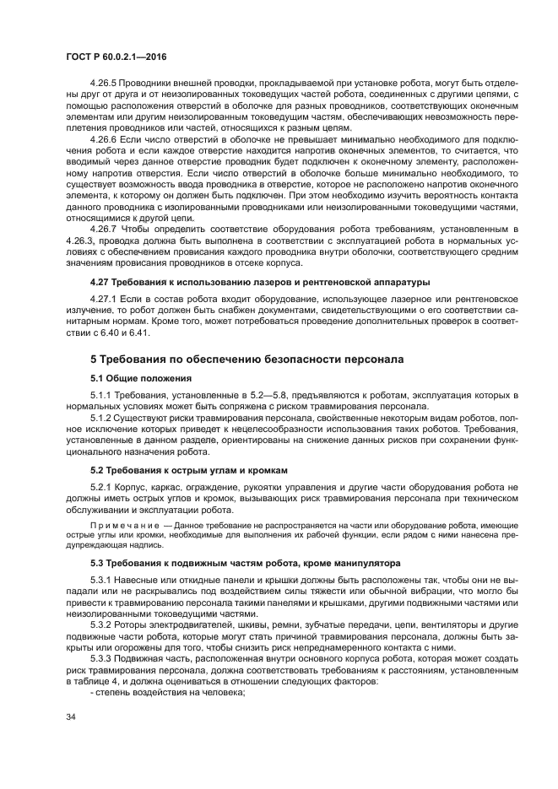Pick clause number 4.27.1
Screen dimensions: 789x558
(103, 300)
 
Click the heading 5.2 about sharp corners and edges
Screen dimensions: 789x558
(189, 469)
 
